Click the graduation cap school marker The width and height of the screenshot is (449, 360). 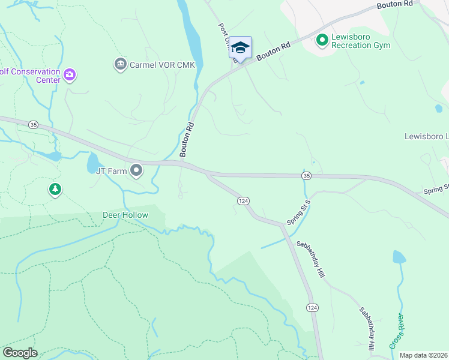coord(240,47)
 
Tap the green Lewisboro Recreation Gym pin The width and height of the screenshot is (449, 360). coord(322,40)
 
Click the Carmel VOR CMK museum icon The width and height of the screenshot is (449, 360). coord(120,64)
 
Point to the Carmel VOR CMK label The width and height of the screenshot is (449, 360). coord(162,65)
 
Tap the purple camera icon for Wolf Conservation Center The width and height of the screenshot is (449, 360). coord(70,75)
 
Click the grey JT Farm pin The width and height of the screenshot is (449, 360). coord(136,171)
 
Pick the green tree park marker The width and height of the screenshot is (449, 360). coord(55,190)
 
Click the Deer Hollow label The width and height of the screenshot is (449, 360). coord(125,215)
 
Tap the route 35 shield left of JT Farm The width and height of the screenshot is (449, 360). coord(33,124)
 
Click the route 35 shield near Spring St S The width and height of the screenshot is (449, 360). coord(307,175)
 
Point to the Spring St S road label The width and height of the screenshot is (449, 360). coord(298,212)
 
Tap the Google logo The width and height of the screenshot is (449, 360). coord(20,353)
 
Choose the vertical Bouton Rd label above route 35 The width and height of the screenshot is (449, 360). coord(187,139)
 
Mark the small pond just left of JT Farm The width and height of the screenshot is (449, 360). coord(94,163)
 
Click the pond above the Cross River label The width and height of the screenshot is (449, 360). coord(399,257)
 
